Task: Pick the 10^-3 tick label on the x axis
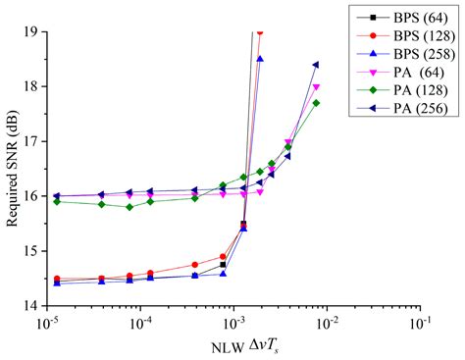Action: (233, 322)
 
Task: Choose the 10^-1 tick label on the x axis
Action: (421, 322)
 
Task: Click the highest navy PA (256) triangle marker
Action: (316, 65)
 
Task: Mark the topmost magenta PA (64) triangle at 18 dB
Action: (316, 86)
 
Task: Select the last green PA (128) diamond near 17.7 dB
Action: (316, 103)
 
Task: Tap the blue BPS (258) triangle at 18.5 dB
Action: (260, 59)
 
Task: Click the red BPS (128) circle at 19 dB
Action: (259, 31)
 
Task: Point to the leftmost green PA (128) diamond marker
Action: (57, 201)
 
